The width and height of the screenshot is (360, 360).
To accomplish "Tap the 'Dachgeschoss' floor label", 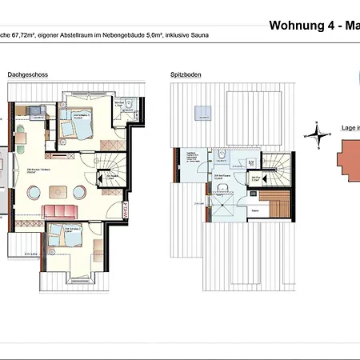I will click(28, 74).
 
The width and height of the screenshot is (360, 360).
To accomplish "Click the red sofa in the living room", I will click(60, 210).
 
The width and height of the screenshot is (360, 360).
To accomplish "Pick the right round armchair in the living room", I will click(81, 192).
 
